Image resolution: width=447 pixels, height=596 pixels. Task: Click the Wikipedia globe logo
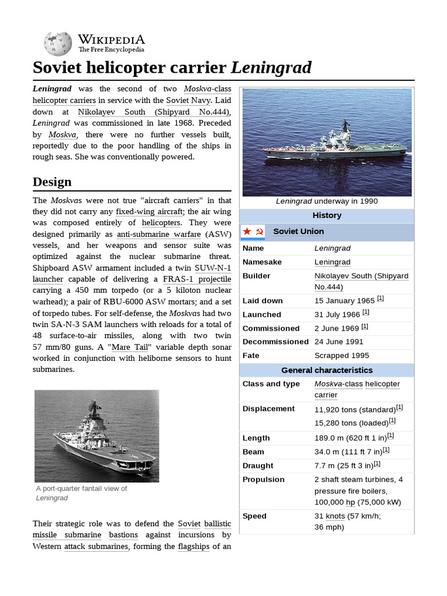coord(57,43)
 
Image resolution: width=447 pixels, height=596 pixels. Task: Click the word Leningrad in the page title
coord(271,68)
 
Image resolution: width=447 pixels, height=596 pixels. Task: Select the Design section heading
coord(52,182)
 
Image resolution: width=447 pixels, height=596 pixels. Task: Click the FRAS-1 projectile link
coord(197,279)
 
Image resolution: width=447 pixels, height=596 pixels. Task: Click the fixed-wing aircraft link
coord(150,211)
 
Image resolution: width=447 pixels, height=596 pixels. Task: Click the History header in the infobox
coord(327,215)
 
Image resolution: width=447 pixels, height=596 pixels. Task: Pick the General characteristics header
coord(327,370)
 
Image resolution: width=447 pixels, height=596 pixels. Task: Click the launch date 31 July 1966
coord(338,315)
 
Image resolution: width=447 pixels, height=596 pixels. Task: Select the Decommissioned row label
coord(275,342)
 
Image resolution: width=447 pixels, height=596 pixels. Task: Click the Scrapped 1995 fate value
coord(342,356)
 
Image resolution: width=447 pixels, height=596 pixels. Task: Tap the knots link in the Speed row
coord(335,516)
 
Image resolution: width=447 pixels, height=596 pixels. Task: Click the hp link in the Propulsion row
coord(350,502)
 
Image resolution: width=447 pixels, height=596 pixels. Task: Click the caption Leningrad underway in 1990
coord(327,201)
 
